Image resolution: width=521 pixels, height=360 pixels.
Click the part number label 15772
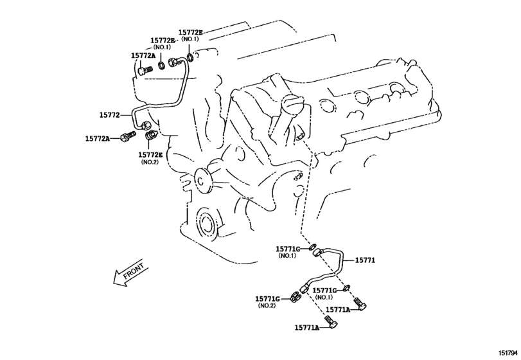(x=109, y=115)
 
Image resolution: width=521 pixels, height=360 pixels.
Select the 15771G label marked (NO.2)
(x=267, y=299)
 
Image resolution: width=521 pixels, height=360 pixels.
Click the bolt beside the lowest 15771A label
(x=331, y=321)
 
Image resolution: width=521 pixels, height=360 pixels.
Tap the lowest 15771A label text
(x=307, y=328)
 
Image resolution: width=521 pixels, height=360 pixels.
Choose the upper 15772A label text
(x=143, y=56)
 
